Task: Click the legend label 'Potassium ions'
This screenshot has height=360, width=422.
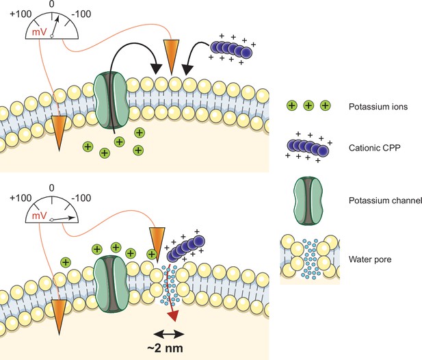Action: tap(378, 107)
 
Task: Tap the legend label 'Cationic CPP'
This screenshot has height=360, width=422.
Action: tap(374, 148)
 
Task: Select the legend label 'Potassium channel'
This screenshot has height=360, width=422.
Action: tap(385, 201)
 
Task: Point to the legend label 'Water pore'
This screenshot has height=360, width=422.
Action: tap(370, 259)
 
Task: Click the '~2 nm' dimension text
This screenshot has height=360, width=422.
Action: tap(166, 348)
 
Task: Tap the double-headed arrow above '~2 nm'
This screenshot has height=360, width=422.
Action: tap(169, 335)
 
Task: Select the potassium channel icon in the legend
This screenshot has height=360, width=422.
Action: tap(308, 201)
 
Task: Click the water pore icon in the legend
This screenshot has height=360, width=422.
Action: tap(310, 259)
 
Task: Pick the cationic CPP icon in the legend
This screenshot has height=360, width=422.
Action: tap(308, 148)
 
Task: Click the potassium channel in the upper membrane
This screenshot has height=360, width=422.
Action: tap(111, 100)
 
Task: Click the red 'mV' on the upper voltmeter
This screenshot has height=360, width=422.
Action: tap(39, 32)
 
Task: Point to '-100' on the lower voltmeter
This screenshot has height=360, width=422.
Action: tap(81, 198)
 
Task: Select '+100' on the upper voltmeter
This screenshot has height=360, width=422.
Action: tap(21, 14)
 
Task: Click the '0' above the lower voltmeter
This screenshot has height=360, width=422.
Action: tap(52, 188)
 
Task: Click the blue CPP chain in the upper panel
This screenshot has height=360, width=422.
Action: tap(230, 49)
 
